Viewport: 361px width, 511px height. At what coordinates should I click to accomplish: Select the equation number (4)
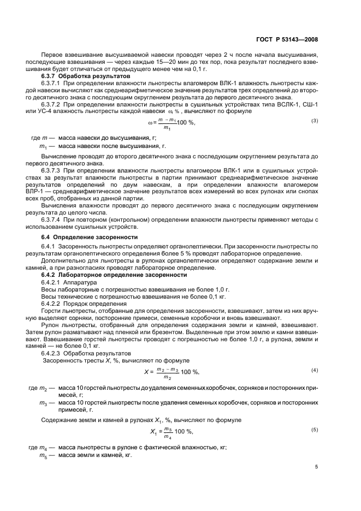point(315,371)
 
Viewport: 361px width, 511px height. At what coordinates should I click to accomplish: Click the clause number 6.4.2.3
point(52,353)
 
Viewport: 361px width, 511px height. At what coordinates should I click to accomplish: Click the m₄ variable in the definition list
point(43,448)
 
